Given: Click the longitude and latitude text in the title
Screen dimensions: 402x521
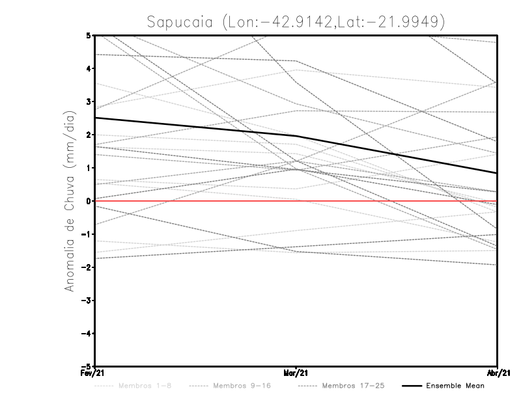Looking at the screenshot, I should pyautogui.click(x=334, y=21).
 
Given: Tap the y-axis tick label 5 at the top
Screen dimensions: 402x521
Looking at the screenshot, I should pyautogui.click(x=89, y=35).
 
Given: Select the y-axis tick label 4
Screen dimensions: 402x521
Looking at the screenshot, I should pyautogui.click(x=89, y=68).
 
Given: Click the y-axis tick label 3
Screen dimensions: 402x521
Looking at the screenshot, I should pyautogui.click(x=89, y=101).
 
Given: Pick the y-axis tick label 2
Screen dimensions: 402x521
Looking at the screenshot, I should pyautogui.click(x=89, y=135).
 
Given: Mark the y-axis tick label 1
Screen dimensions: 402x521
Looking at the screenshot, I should pyautogui.click(x=89, y=168).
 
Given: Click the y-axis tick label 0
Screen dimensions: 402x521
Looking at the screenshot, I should pyautogui.click(x=89, y=201).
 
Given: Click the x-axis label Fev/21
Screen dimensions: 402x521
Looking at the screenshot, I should pyautogui.click(x=95, y=373).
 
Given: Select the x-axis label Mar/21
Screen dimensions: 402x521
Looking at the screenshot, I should pyautogui.click(x=297, y=373).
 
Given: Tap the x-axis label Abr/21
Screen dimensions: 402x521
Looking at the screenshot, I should pyautogui.click(x=498, y=373).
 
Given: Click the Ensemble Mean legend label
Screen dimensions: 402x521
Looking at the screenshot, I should pyautogui.click(x=455, y=386).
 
